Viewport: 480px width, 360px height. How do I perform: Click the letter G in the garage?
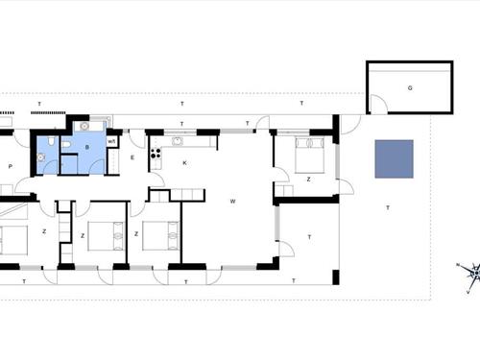(x=410, y=88)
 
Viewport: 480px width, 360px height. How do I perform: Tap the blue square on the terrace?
(x=395, y=159)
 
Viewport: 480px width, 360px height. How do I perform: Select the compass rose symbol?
(x=470, y=274)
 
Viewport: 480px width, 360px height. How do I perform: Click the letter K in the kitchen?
(x=184, y=163)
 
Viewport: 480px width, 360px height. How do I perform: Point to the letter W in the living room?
(x=232, y=202)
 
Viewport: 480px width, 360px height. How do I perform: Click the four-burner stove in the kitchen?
(x=156, y=154)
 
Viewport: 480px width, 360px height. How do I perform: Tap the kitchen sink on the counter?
(x=177, y=141)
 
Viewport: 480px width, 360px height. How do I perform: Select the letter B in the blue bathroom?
(x=87, y=148)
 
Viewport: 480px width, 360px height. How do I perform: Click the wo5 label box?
(x=111, y=141)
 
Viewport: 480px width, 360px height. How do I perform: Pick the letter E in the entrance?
(x=132, y=157)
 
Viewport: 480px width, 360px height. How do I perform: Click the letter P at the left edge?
(x=11, y=166)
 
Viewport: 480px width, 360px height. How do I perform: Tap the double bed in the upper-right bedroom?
(x=310, y=156)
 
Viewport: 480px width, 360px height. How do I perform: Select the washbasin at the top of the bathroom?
(x=84, y=127)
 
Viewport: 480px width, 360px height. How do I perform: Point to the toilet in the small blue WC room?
(x=51, y=141)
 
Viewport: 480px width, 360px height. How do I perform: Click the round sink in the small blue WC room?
(x=41, y=157)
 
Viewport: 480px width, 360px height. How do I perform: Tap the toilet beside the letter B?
(x=66, y=145)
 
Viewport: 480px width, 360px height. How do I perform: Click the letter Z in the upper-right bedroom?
(x=309, y=180)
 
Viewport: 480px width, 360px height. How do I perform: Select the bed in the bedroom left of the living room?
(x=160, y=235)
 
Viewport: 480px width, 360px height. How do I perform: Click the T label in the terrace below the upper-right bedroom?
(x=309, y=237)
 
